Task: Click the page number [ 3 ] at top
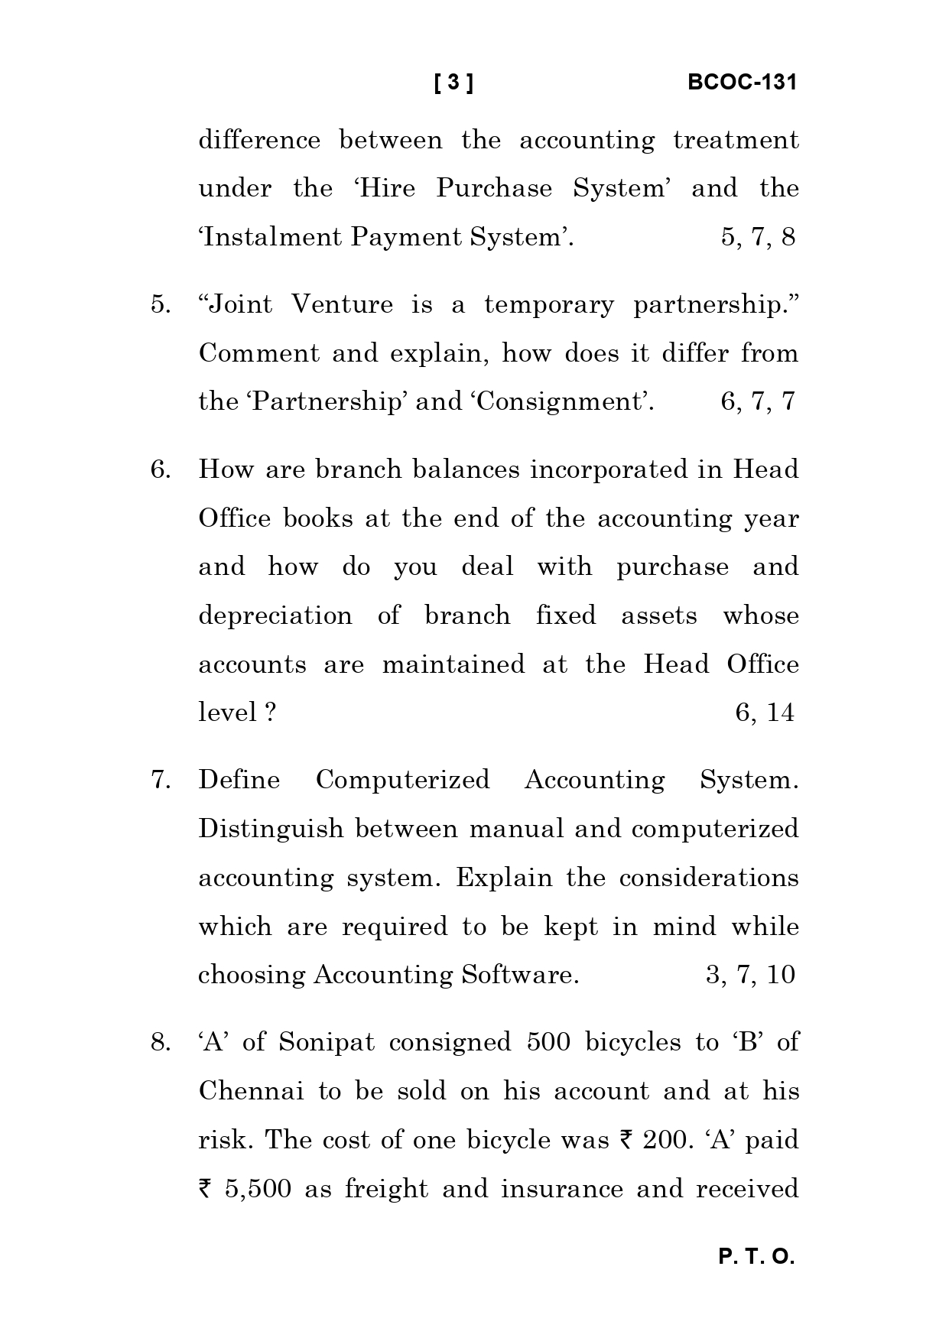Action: (453, 83)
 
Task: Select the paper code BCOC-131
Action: (742, 83)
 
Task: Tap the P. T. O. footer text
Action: (756, 1257)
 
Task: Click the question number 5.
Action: (160, 305)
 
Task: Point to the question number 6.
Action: (160, 469)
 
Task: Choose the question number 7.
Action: (160, 780)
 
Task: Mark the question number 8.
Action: (160, 1042)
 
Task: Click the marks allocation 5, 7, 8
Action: (758, 238)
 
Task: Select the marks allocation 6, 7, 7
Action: (758, 401)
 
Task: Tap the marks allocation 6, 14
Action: (765, 713)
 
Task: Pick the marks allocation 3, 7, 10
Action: (750, 975)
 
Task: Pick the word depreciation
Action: (275, 615)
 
